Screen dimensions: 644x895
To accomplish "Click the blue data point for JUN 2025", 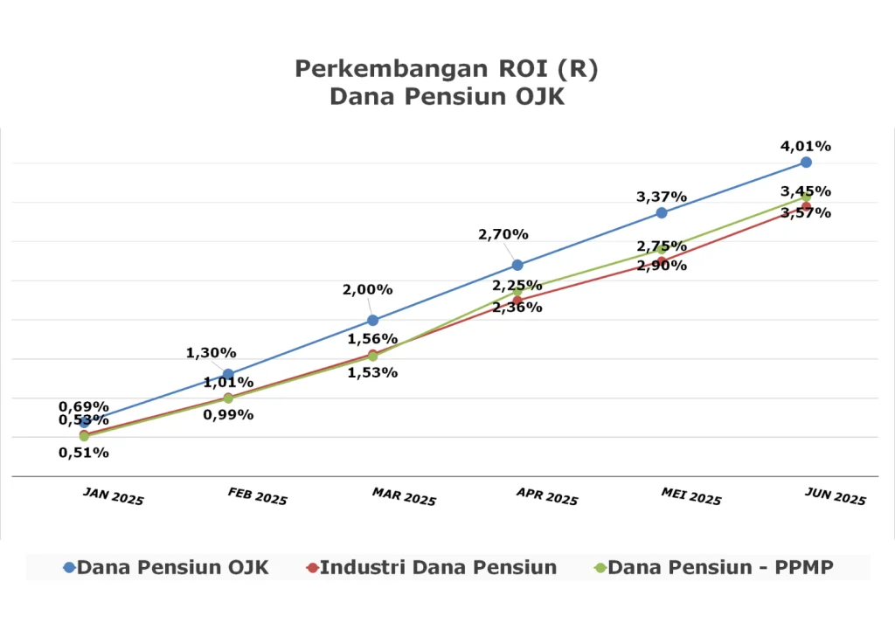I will (x=806, y=163).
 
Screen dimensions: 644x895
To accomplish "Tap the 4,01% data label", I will (x=806, y=146).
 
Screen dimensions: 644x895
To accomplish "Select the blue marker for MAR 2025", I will (x=372, y=320).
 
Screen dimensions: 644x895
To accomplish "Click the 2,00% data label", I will (x=367, y=290).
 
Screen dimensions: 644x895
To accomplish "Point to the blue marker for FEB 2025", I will (x=228, y=374).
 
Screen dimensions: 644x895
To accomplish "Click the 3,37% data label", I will (x=662, y=197).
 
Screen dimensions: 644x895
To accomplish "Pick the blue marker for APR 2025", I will (x=517, y=265).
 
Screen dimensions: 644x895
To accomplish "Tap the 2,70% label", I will (x=503, y=234).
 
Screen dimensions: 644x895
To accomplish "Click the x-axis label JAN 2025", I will (x=114, y=496).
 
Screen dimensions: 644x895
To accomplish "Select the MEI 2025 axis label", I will (x=691, y=496).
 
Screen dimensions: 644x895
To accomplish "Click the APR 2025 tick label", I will (x=547, y=496).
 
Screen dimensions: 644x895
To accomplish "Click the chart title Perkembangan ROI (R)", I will (x=447, y=69).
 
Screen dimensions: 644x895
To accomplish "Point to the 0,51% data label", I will (x=84, y=453).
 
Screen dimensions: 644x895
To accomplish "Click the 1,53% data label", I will (x=372, y=372).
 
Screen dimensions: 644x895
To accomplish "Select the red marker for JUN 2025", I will (x=806, y=207).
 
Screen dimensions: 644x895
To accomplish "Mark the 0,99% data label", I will (x=228, y=414).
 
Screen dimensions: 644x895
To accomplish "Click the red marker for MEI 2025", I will (x=662, y=261).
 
